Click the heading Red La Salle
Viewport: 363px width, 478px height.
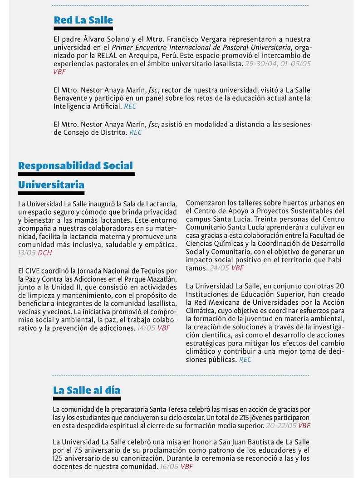[83, 20]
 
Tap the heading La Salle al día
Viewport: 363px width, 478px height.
[87, 390]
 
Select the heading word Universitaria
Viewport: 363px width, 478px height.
[51, 185]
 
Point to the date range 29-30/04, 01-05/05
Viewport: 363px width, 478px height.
[278, 64]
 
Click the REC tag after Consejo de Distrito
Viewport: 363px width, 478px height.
[136, 133]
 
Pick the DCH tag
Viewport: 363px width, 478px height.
[45, 253]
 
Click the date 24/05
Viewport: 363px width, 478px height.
[219, 268]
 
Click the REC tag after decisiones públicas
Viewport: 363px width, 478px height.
[245, 360]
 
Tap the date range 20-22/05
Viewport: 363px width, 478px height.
[281, 426]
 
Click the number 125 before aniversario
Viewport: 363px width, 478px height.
[59, 458]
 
